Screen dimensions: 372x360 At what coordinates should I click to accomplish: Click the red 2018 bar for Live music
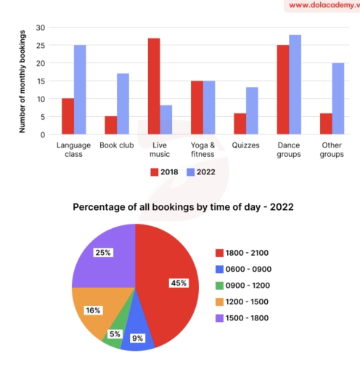pos(153,86)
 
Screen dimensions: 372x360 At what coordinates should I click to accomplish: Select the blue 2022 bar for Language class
pos(80,90)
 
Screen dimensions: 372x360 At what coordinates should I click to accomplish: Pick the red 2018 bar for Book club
pos(110,126)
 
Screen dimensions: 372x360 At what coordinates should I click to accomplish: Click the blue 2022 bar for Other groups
pos(337,99)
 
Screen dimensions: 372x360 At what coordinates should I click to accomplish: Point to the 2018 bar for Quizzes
pos(239,124)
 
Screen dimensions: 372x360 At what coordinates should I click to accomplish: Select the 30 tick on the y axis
pos(41,28)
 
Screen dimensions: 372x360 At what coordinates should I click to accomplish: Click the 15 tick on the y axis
pos(41,81)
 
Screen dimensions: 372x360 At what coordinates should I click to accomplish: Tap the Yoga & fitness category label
pos(202,150)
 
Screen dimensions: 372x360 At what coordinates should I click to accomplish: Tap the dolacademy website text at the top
pos(319,6)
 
